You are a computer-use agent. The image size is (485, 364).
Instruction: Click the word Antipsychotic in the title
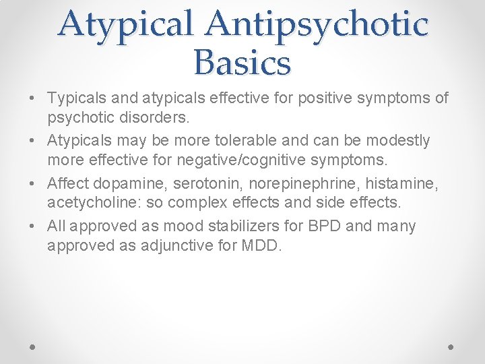click(x=317, y=24)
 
